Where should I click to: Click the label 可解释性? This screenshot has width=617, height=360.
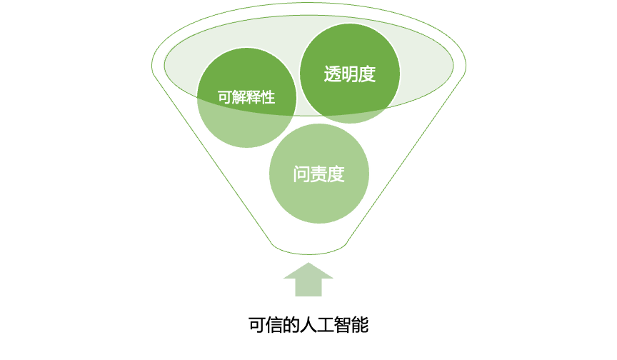point(246,98)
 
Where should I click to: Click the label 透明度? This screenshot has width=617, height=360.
point(350,74)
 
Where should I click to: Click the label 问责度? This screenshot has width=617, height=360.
point(318,174)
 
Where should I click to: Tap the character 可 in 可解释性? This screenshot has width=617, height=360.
point(224,98)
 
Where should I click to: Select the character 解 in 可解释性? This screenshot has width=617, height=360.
point(239,98)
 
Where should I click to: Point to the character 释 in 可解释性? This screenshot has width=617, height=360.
point(254,98)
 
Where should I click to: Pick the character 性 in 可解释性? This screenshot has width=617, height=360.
point(268,98)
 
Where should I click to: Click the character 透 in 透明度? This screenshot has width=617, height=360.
point(333,74)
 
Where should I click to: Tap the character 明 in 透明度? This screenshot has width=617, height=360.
point(350,74)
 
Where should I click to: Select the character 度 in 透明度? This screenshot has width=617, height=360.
point(367,74)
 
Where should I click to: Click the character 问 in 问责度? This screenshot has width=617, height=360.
point(301,174)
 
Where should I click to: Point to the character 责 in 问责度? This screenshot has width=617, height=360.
point(318,174)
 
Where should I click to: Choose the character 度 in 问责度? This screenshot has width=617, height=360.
point(336,174)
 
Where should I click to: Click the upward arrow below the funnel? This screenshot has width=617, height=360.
point(308,280)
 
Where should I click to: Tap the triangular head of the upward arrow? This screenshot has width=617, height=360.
point(308,271)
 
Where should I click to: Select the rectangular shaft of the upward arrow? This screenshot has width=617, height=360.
point(308,288)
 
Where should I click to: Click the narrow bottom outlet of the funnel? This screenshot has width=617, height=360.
point(309,247)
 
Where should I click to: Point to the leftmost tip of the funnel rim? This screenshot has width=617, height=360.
point(153,67)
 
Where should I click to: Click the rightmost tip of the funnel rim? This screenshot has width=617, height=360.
point(465,67)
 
